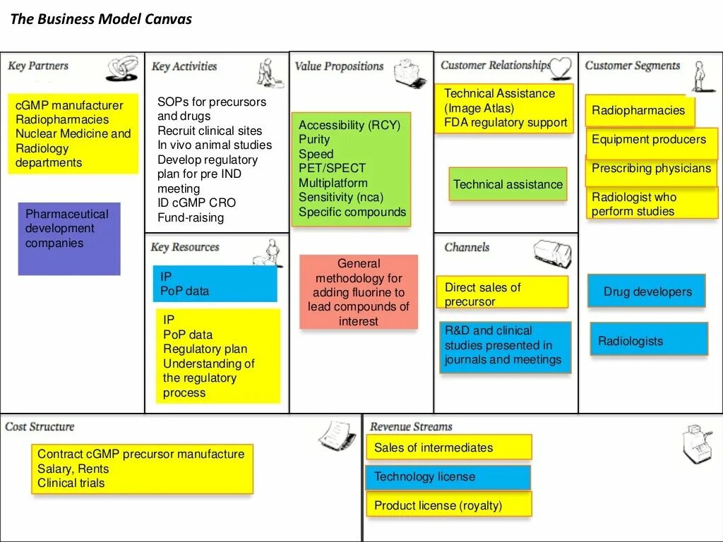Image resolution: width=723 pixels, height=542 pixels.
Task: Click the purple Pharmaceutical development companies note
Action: click(x=68, y=239)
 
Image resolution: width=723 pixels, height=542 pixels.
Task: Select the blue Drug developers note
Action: click(x=647, y=291)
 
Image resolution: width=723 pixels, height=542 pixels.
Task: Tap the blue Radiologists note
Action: click(x=648, y=339)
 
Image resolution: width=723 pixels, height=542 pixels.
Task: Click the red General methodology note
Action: click(x=359, y=292)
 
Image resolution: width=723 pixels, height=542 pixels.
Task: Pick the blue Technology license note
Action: click(x=448, y=477)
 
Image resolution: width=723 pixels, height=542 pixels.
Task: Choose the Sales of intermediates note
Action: click(x=448, y=447)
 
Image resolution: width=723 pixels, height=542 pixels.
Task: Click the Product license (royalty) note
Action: click(x=448, y=505)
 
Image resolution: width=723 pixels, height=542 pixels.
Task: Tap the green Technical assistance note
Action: click(x=508, y=184)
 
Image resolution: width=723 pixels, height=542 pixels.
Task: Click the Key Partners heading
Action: click(x=38, y=66)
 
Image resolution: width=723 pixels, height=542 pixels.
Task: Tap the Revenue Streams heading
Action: click(x=411, y=426)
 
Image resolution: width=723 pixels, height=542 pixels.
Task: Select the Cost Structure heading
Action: click(x=40, y=426)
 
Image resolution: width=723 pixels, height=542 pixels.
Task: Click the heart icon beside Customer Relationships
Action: click(x=560, y=68)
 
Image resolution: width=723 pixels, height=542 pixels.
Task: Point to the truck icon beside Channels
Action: click(x=552, y=253)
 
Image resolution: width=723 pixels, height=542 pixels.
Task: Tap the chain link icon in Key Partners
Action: click(x=122, y=68)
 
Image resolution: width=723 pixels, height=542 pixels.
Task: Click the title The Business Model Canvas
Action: click(x=101, y=19)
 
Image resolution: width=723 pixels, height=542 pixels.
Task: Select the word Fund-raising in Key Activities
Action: click(x=191, y=218)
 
